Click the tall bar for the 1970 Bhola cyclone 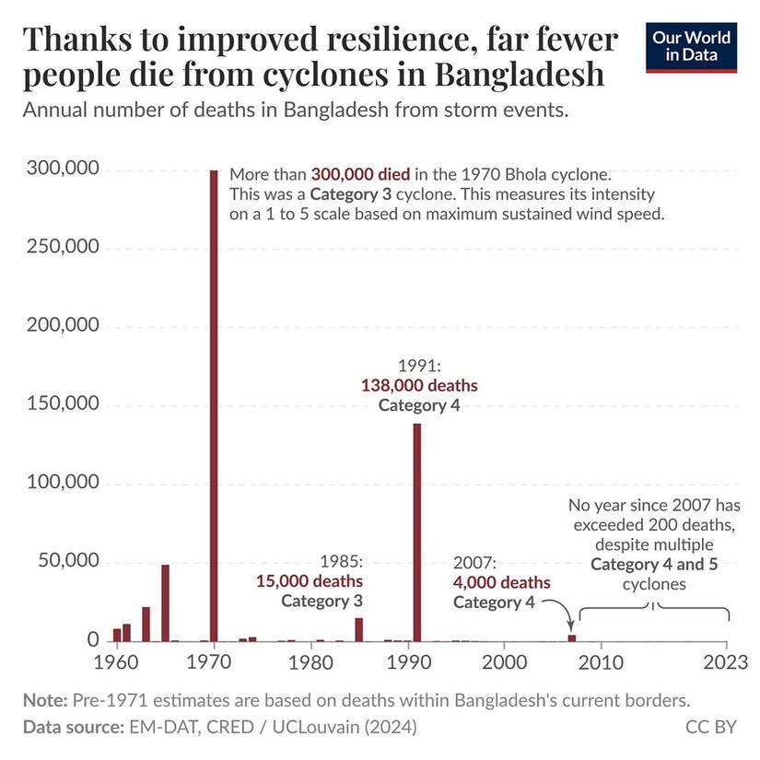[x=214, y=405]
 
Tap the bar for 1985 [x=358, y=629]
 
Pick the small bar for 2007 [x=572, y=637]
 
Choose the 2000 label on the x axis [x=504, y=662]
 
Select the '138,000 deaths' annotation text [x=419, y=385]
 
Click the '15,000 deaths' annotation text [x=309, y=581]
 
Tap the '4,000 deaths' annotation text [x=501, y=583]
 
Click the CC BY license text [x=710, y=727]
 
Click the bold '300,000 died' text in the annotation [x=359, y=174]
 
